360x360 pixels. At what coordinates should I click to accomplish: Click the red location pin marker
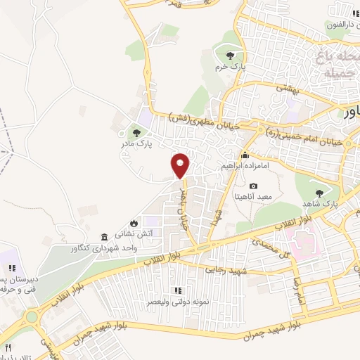[181, 165]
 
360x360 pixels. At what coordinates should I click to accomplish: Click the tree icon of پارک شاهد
[319, 191]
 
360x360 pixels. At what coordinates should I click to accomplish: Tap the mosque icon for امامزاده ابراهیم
[245, 155]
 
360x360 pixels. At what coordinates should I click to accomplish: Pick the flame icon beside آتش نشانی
[164, 220]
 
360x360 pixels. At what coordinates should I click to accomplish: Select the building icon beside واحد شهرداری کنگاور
[104, 236]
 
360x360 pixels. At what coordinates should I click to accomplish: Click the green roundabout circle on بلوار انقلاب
[32, 317]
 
